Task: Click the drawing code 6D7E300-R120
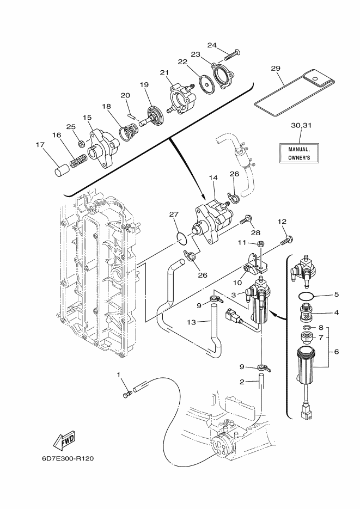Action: tap(68, 459)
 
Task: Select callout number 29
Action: tap(276, 69)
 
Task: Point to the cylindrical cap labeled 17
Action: tap(61, 169)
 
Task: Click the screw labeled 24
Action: tap(231, 55)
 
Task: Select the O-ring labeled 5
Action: tap(306, 296)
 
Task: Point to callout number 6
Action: tap(336, 352)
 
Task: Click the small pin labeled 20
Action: tap(131, 115)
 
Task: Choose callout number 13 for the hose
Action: tap(192, 322)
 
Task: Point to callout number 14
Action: tap(213, 178)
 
